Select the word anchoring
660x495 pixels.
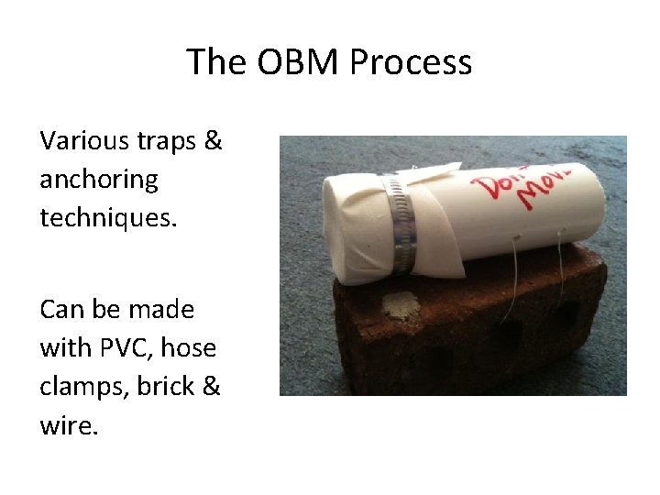coord(98,180)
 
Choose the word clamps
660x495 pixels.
coord(83,387)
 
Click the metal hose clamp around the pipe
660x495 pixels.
coord(400,225)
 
